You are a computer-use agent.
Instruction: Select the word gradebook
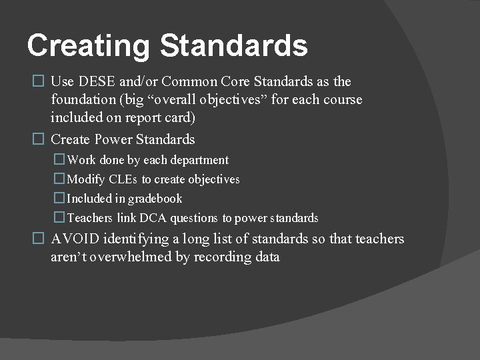(x=155, y=199)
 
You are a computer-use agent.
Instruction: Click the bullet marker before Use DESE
(x=38, y=81)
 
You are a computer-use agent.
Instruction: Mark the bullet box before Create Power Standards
(x=38, y=139)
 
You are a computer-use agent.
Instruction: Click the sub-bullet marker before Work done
(x=59, y=160)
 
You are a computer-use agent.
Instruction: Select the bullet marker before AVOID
(x=38, y=239)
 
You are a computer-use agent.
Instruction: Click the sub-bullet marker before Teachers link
(x=59, y=218)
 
